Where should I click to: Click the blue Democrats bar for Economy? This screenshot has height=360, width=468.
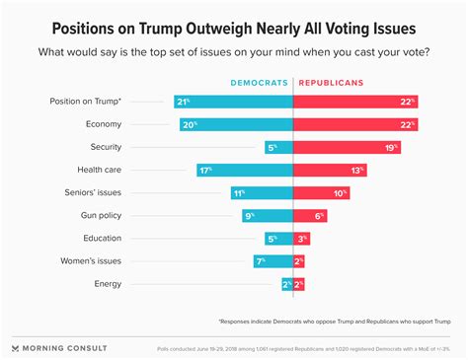pyautogui.click(x=237, y=124)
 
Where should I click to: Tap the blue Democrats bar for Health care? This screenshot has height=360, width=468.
pyautogui.click(x=245, y=170)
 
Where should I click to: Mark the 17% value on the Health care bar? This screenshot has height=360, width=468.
pyautogui.click(x=206, y=170)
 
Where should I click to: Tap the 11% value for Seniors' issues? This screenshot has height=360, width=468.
pyautogui.click(x=238, y=192)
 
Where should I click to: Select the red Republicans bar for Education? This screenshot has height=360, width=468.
pyautogui.click(x=301, y=239)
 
